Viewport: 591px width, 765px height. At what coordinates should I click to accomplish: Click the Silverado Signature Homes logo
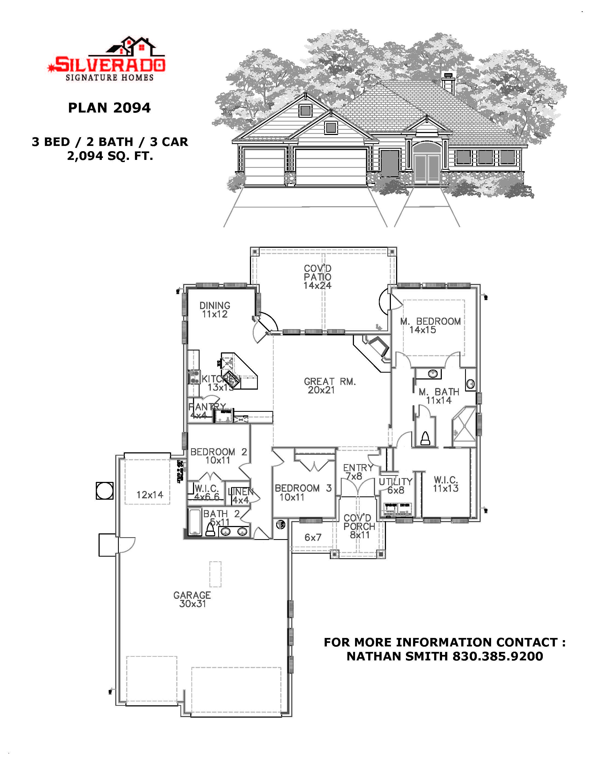click(x=106, y=59)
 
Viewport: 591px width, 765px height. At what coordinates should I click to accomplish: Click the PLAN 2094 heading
click(x=109, y=108)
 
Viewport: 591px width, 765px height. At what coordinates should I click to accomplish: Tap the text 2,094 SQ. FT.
click(x=110, y=156)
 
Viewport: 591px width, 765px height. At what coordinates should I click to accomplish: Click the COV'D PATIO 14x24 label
click(x=318, y=277)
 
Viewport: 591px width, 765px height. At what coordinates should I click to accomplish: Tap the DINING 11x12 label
click(x=215, y=310)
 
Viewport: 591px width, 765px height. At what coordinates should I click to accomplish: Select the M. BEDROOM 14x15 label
click(x=430, y=325)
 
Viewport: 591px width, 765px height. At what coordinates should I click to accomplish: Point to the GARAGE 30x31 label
click(x=192, y=599)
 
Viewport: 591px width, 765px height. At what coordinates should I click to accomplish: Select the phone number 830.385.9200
click(x=497, y=656)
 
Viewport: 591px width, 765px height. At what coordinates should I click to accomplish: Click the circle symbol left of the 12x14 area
click(x=104, y=491)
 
